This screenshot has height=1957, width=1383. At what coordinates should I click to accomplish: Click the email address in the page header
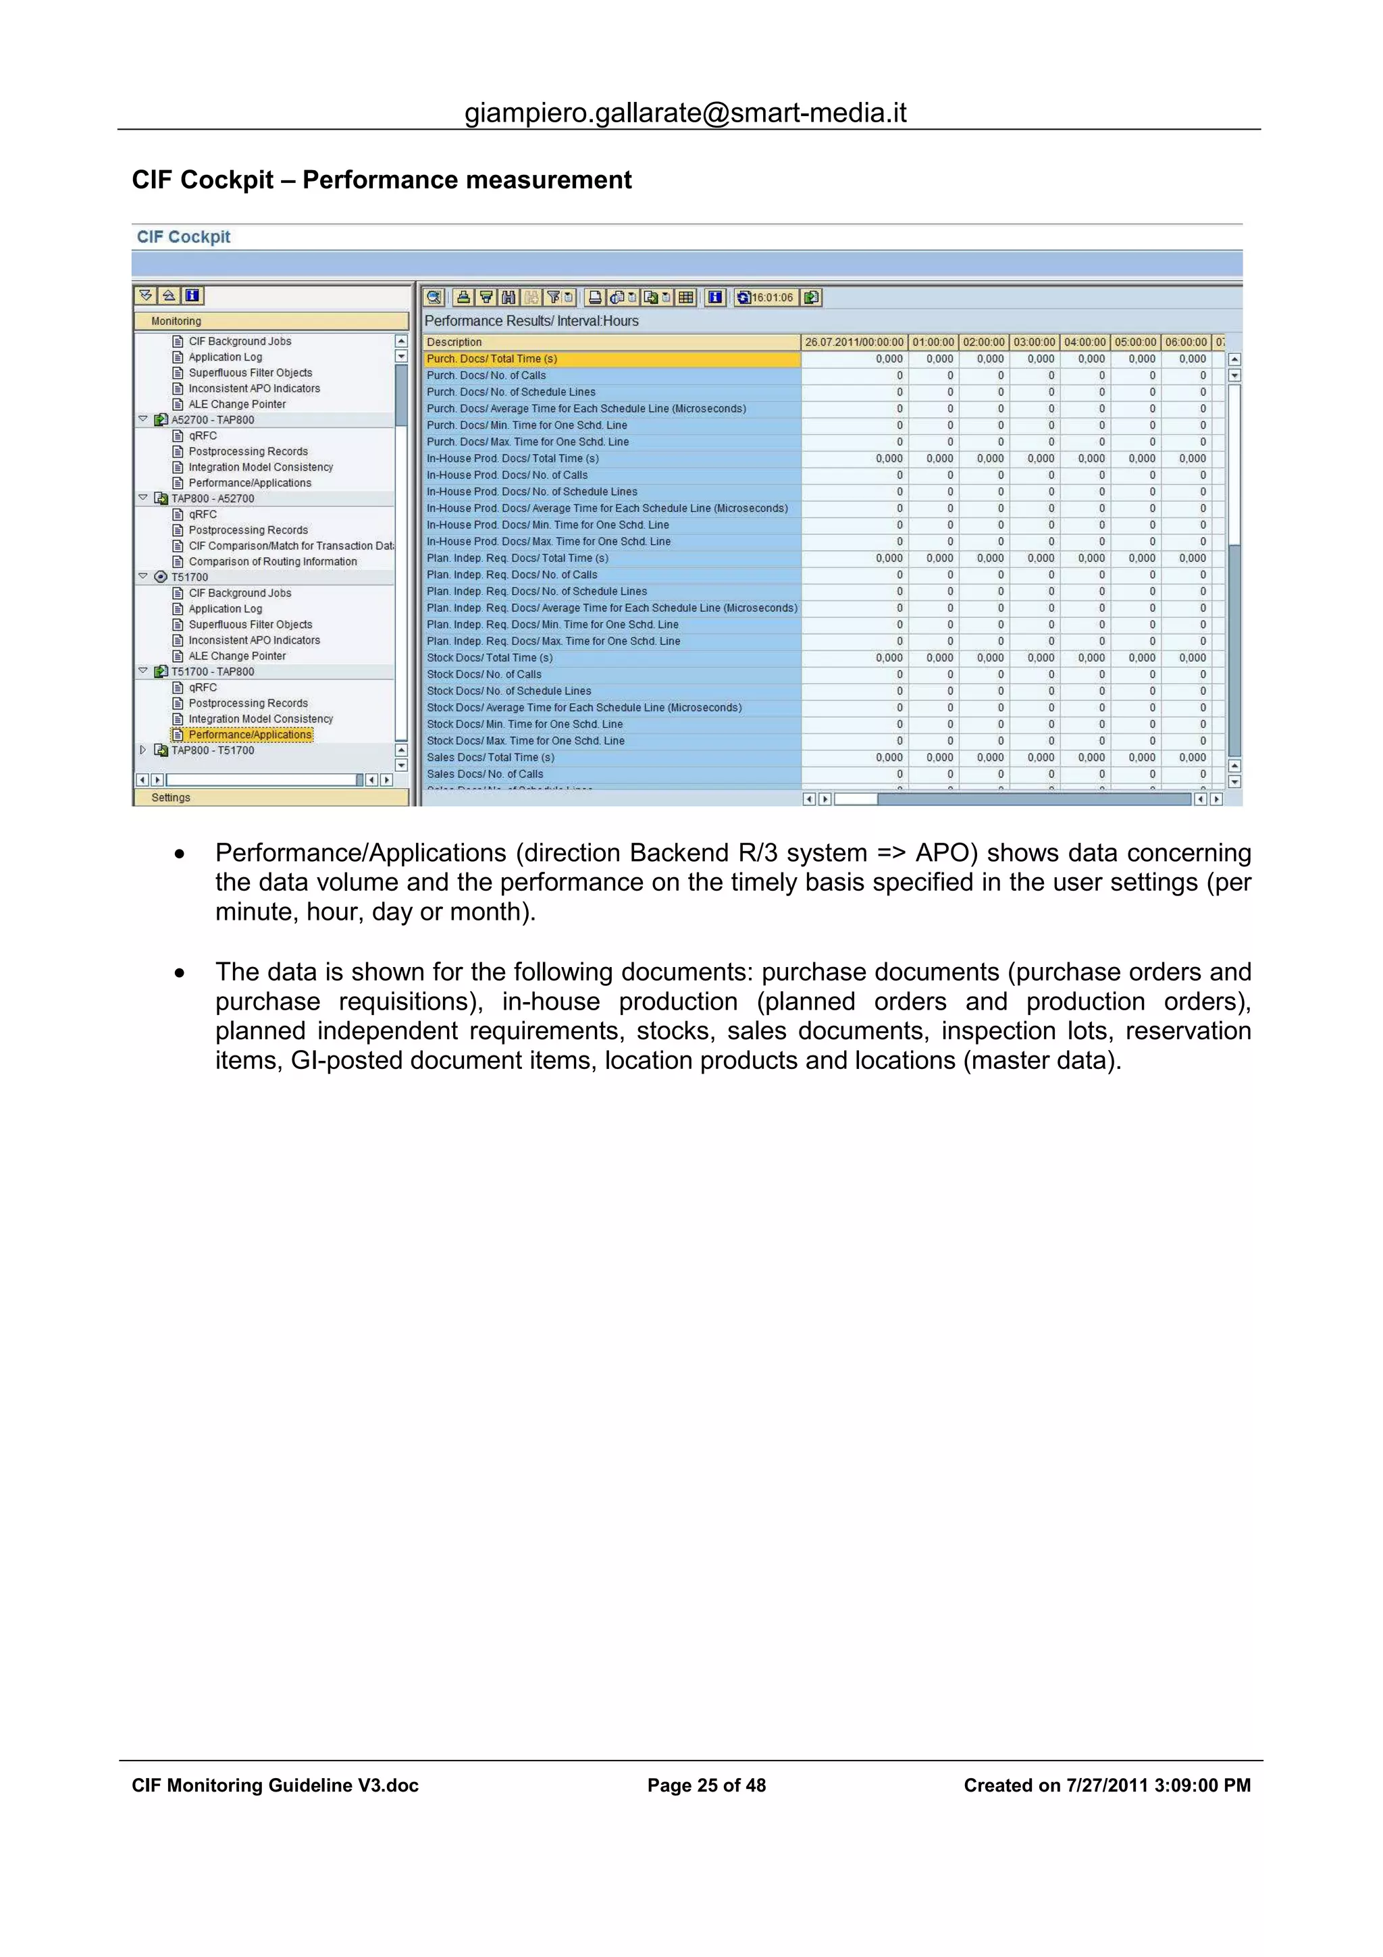coord(685,113)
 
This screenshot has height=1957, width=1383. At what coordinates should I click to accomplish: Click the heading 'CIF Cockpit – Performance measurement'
coord(381,180)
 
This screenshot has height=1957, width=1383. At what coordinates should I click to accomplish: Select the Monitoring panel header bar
coord(271,321)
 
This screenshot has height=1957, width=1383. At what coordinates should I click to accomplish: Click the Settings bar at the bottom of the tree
coord(271,798)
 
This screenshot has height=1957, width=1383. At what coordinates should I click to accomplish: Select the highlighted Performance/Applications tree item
coord(250,735)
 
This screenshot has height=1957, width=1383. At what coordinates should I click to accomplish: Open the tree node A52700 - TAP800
coord(212,420)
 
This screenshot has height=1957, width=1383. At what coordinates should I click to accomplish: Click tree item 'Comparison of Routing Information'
coord(273,562)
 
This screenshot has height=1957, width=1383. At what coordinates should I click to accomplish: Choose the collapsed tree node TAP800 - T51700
coord(212,751)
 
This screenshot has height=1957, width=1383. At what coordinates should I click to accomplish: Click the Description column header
coord(611,342)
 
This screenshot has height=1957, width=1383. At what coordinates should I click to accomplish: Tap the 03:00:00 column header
coord(1034,342)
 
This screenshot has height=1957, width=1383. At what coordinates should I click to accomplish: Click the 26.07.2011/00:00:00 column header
coord(854,342)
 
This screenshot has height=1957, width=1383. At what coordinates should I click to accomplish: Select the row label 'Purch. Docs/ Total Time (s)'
coord(492,359)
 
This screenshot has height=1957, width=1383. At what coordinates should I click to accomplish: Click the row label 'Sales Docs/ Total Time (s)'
coord(490,758)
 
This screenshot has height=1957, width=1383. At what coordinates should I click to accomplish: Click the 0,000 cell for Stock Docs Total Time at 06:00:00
coord(1192,658)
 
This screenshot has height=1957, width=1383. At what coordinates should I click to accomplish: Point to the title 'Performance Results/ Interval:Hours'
coord(531,321)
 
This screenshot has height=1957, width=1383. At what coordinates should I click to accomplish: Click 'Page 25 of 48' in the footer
coord(706,1785)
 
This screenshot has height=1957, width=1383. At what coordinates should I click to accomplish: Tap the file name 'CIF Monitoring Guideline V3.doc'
coord(276,1785)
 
